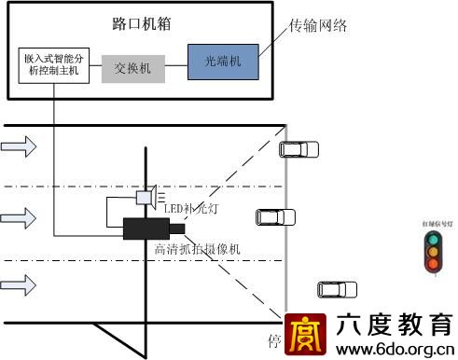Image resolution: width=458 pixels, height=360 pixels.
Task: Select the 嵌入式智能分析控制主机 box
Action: click(x=53, y=62)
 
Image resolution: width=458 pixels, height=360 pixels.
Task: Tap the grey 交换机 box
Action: click(x=133, y=68)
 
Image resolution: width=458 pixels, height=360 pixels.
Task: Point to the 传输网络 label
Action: click(x=318, y=25)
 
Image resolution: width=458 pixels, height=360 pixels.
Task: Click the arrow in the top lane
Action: click(x=20, y=146)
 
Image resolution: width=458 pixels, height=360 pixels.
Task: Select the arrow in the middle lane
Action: click(x=20, y=218)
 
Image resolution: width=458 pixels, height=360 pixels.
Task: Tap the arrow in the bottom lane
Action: click(x=20, y=282)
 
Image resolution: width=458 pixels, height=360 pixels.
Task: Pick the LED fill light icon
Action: click(x=146, y=198)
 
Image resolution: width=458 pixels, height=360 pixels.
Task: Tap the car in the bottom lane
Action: click(x=336, y=289)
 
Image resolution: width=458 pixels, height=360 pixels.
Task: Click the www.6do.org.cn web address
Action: click(x=396, y=350)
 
